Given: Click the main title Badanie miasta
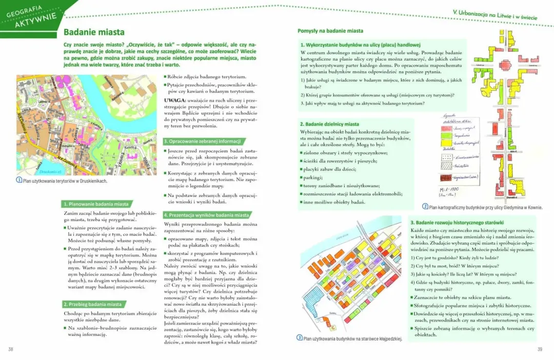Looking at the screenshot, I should pos(94,32).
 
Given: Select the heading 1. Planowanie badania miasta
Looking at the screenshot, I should pos(96,204).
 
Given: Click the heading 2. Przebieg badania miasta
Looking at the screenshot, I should pos(92,304).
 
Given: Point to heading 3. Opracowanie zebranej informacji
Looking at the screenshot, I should pos(202,141).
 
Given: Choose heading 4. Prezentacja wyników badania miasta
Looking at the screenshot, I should pos(206,215).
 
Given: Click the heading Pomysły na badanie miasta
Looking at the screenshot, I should pos(330,31).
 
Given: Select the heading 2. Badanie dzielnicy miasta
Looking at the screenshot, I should pos(329,124).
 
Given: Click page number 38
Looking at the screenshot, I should pos(11,349).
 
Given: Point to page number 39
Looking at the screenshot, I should pos(539,349).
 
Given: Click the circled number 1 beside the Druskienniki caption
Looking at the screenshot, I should pos(19,180).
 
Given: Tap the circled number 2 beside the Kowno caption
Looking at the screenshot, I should pos(425,207).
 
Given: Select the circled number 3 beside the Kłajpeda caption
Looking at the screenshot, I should pos(300,337).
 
